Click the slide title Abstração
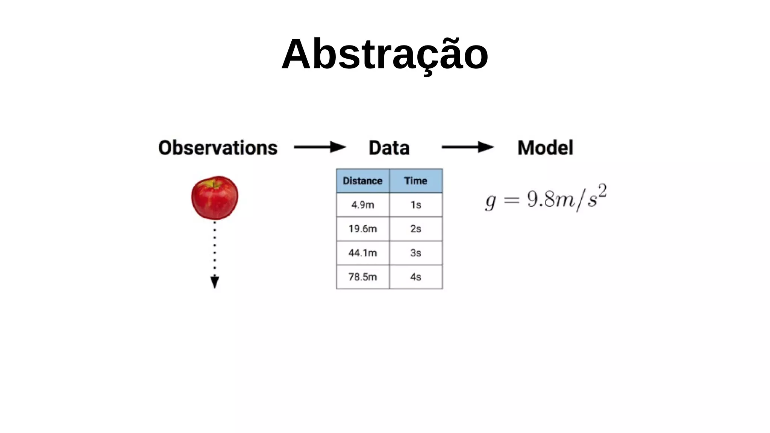click(385, 55)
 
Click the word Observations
click(218, 148)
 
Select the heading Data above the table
click(389, 148)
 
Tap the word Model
click(545, 148)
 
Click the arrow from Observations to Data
click(320, 147)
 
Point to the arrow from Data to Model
click(467, 147)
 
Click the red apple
click(215, 198)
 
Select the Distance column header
click(362, 181)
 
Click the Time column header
click(415, 181)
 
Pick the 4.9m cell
click(362, 205)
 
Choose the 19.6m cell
click(362, 229)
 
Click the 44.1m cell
click(362, 253)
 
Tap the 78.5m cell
click(362, 277)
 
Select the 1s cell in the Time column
click(415, 205)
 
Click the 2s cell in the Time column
click(415, 229)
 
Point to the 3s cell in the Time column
click(415, 253)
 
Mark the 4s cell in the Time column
click(415, 277)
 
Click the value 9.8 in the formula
click(541, 199)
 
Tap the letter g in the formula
click(491, 202)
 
